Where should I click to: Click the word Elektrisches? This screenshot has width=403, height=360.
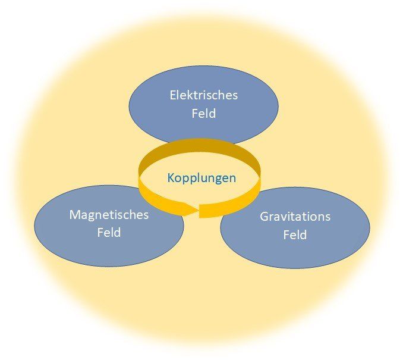point(203,95)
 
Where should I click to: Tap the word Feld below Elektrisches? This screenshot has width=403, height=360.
point(203,113)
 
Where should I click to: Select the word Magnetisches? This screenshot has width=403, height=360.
point(109,215)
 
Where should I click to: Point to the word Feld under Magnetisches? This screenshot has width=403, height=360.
point(109,233)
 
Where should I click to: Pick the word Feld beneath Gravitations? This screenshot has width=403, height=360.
point(295,234)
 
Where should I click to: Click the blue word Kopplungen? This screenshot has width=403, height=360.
point(201,178)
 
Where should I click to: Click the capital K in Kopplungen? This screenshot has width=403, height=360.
point(171,178)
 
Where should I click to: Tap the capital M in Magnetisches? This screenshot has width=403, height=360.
point(74,215)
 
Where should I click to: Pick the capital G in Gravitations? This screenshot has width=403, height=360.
point(264,217)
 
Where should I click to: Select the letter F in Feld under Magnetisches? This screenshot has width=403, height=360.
point(100,233)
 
